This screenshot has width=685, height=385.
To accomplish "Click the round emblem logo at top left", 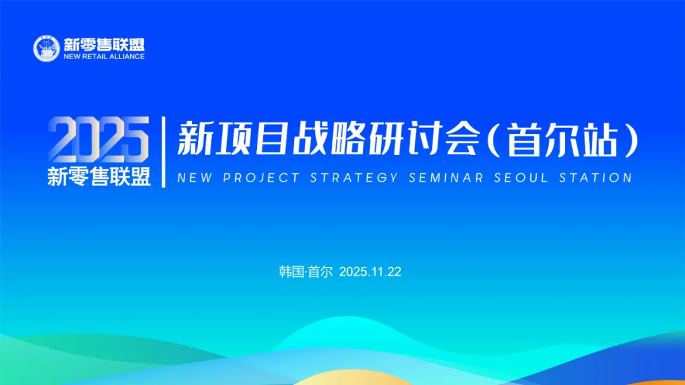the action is click(x=46, y=48).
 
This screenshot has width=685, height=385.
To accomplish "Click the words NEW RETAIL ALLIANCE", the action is click(x=104, y=57).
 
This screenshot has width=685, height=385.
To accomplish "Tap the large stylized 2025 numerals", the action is click(x=99, y=140).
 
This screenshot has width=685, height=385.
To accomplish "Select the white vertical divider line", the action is click(x=164, y=152).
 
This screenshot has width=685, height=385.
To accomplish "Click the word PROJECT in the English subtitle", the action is click(x=262, y=178).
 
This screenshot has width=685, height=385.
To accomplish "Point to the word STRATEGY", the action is click(x=355, y=178).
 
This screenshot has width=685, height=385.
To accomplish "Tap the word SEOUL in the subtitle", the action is click(x=521, y=178).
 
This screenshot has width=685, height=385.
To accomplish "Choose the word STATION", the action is click(x=596, y=178).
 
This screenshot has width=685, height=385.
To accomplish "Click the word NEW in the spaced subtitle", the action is click(x=195, y=178).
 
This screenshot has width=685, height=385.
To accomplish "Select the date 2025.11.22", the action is click(x=370, y=272).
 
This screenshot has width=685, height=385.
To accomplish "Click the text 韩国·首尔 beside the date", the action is click(x=306, y=272).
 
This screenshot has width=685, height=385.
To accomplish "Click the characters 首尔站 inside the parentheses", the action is click(x=563, y=140).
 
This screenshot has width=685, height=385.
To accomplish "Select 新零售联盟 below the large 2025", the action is click(x=99, y=177).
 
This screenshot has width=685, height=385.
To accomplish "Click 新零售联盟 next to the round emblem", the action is click(x=104, y=44).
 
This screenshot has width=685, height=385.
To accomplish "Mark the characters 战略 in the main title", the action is click(x=329, y=139).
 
